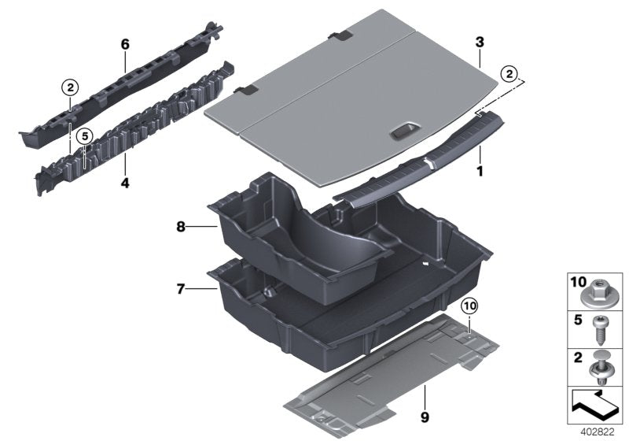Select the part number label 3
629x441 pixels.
pos(479,41)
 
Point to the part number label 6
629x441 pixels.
pos(124,45)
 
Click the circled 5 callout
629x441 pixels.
pos(85,135)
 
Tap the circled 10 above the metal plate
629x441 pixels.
pos(469,306)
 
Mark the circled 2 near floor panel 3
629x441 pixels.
pos(511,75)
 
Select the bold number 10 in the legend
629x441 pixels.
pos(576,281)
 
